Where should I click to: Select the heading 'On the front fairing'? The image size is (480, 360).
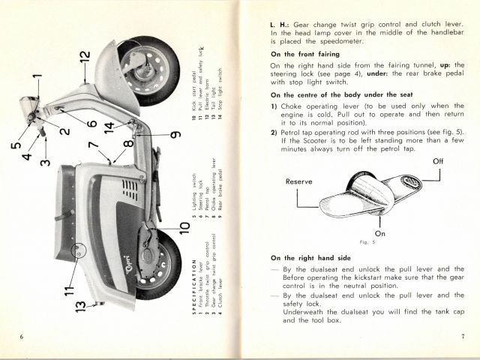305,53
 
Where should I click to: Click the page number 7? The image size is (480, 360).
463,335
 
